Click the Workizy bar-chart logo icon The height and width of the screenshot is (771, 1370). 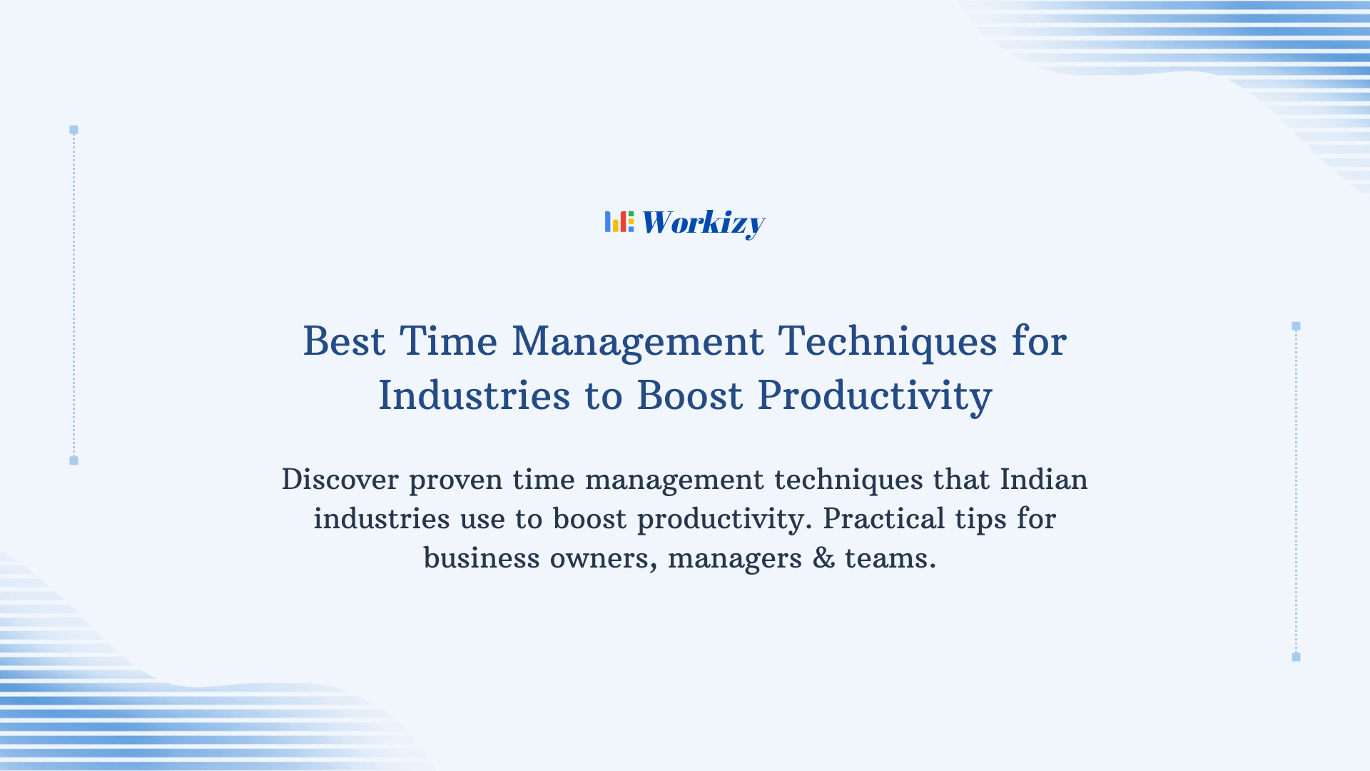(x=619, y=222)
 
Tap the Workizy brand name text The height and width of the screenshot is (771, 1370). (x=703, y=223)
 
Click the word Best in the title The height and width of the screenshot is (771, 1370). (x=344, y=341)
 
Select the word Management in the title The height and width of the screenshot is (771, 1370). (x=637, y=341)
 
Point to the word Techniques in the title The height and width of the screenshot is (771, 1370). (x=887, y=341)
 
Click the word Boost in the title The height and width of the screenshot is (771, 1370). (x=689, y=395)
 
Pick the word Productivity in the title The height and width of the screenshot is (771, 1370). (x=874, y=395)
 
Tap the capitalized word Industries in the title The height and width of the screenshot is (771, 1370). (x=474, y=395)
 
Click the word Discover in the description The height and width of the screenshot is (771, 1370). (x=340, y=479)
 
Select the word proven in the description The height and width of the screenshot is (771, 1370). (x=455, y=480)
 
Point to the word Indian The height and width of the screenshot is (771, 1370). (x=1043, y=479)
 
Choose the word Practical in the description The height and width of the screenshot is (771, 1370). (x=883, y=519)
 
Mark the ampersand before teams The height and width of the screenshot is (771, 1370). (x=823, y=558)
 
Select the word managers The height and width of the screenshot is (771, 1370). (x=734, y=558)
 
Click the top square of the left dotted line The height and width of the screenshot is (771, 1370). (x=73, y=130)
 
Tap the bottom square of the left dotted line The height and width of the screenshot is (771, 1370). (x=73, y=460)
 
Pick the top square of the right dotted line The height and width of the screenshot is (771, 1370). (x=1296, y=326)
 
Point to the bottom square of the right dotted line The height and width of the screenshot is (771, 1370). (x=1296, y=657)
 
